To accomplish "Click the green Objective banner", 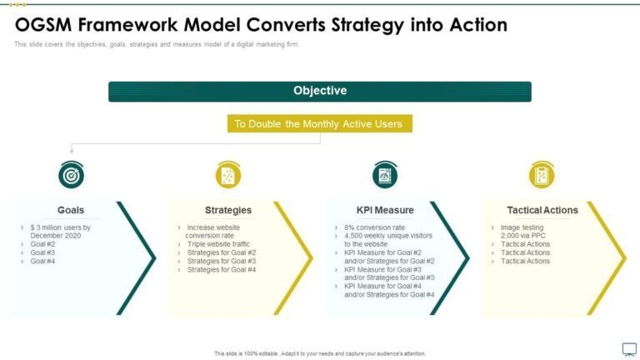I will (320, 91).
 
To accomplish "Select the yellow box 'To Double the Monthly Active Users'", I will (320, 124).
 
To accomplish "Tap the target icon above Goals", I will (71, 175).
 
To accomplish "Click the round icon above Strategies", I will (227, 175).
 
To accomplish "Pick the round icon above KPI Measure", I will (384, 175).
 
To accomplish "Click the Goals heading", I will (71, 210).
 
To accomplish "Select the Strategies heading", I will (227, 210).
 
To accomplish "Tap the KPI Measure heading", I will (384, 210).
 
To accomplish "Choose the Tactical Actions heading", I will (542, 210).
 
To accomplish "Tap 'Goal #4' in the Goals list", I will (43, 261).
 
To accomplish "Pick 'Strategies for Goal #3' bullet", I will (222, 261).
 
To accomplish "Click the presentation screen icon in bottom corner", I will (629, 348).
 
